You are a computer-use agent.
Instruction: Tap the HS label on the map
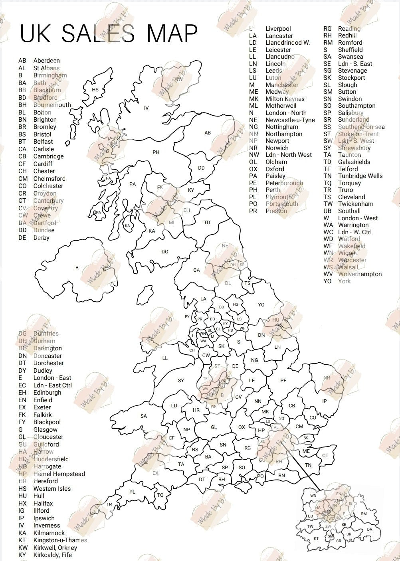[x=95, y=90]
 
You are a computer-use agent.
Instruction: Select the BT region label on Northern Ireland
[x=78, y=268]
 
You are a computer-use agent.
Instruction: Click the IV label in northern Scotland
[x=146, y=108]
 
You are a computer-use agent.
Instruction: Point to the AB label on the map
[x=208, y=133]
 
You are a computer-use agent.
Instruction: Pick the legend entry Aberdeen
[x=46, y=61]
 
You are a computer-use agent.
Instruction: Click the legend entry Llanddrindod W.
[x=288, y=43]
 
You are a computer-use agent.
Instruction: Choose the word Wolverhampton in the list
[x=360, y=274]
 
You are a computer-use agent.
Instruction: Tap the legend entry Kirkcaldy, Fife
[x=52, y=555]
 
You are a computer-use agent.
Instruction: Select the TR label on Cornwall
[x=109, y=505]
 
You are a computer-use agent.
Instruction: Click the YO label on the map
[x=261, y=305]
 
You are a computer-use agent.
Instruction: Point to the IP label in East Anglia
[x=325, y=401]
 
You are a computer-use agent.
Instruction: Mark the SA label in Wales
[x=144, y=416]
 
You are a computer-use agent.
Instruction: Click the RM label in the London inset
[x=364, y=514]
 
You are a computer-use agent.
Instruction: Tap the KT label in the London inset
[x=316, y=539]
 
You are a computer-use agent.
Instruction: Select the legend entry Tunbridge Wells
[x=360, y=176]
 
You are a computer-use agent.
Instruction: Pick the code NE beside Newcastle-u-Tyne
[x=253, y=120]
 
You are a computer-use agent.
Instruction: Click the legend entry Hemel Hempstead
[x=59, y=474]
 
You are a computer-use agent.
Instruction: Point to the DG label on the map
[x=165, y=252]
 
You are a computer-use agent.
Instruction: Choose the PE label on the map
[x=283, y=381]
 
